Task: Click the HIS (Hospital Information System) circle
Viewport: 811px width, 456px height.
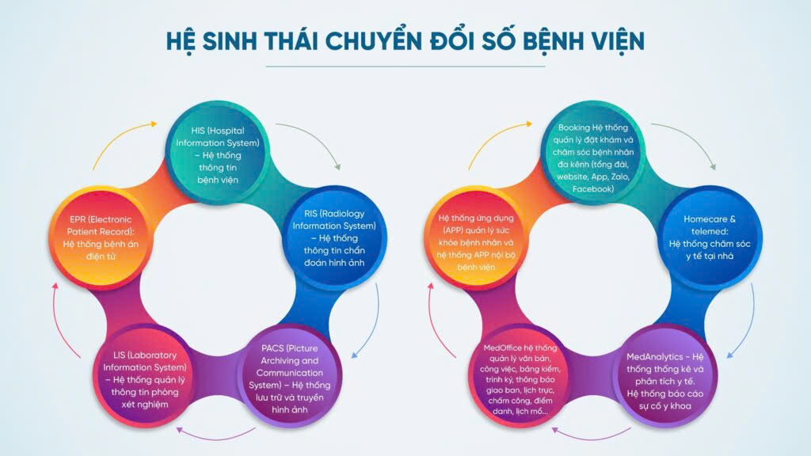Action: click(x=218, y=154)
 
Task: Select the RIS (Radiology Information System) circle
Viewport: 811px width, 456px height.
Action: click(x=334, y=237)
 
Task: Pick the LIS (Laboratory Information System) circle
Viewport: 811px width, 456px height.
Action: click(x=146, y=378)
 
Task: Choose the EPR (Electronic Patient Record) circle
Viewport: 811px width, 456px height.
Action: click(x=101, y=237)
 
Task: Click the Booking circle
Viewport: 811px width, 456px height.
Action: click(x=593, y=154)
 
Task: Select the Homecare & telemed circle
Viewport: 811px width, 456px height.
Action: click(x=710, y=237)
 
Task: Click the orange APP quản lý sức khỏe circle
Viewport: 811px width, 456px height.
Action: click(x=476, y=237)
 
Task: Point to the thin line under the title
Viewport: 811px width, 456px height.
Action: click(x=405, y=66)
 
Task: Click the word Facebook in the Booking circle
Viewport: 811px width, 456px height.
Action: click(x=593, y=189)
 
